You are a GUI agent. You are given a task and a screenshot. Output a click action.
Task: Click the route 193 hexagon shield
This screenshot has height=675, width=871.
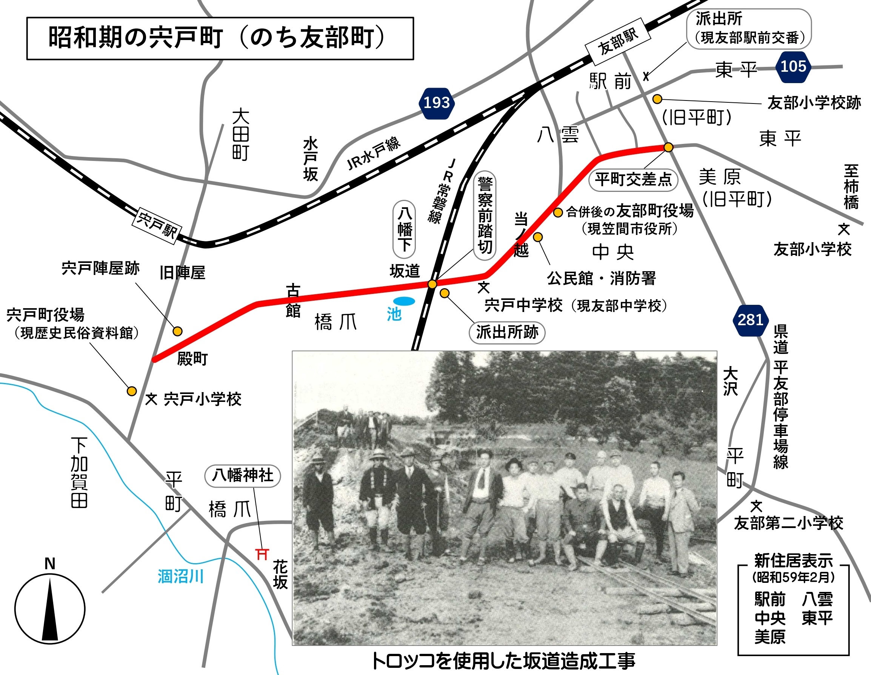[437, 103]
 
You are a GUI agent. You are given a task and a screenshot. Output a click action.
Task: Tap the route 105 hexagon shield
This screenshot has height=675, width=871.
[793, 66]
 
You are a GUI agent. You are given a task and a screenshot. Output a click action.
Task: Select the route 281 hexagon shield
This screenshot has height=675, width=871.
[750, 320]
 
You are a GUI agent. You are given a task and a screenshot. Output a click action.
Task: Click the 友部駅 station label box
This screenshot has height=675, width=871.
[618, 41]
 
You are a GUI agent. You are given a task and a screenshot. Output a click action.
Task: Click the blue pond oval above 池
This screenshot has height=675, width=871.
[404, 301]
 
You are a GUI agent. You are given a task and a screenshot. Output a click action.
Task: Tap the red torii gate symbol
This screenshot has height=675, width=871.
[262, 554]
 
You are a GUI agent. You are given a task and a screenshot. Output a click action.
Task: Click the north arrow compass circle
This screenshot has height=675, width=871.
[50, 609]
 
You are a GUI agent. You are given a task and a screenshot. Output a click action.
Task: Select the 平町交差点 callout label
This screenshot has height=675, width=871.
[633, 179]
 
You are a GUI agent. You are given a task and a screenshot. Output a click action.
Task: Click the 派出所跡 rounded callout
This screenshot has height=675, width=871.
[507, 332]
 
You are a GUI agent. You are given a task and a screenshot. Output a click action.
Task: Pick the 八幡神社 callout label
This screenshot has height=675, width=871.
[243, 476]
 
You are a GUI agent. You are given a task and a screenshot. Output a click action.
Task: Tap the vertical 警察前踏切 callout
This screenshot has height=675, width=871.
[485, 216]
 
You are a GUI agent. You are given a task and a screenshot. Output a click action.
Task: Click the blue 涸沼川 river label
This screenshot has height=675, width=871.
[181, 576]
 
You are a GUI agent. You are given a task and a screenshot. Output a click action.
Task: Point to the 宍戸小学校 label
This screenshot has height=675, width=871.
[202, 399]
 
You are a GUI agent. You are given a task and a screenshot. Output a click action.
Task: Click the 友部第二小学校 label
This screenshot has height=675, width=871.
[788, 523]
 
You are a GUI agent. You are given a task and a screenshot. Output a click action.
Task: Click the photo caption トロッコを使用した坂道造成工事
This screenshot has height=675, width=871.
[503, 661]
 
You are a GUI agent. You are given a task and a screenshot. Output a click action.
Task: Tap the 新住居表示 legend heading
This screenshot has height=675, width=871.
[793, 561]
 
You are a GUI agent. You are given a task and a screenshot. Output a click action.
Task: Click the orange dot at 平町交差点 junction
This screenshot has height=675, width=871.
[668, 147]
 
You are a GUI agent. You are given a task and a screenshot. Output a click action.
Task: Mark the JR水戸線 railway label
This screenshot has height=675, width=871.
[373, 153]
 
